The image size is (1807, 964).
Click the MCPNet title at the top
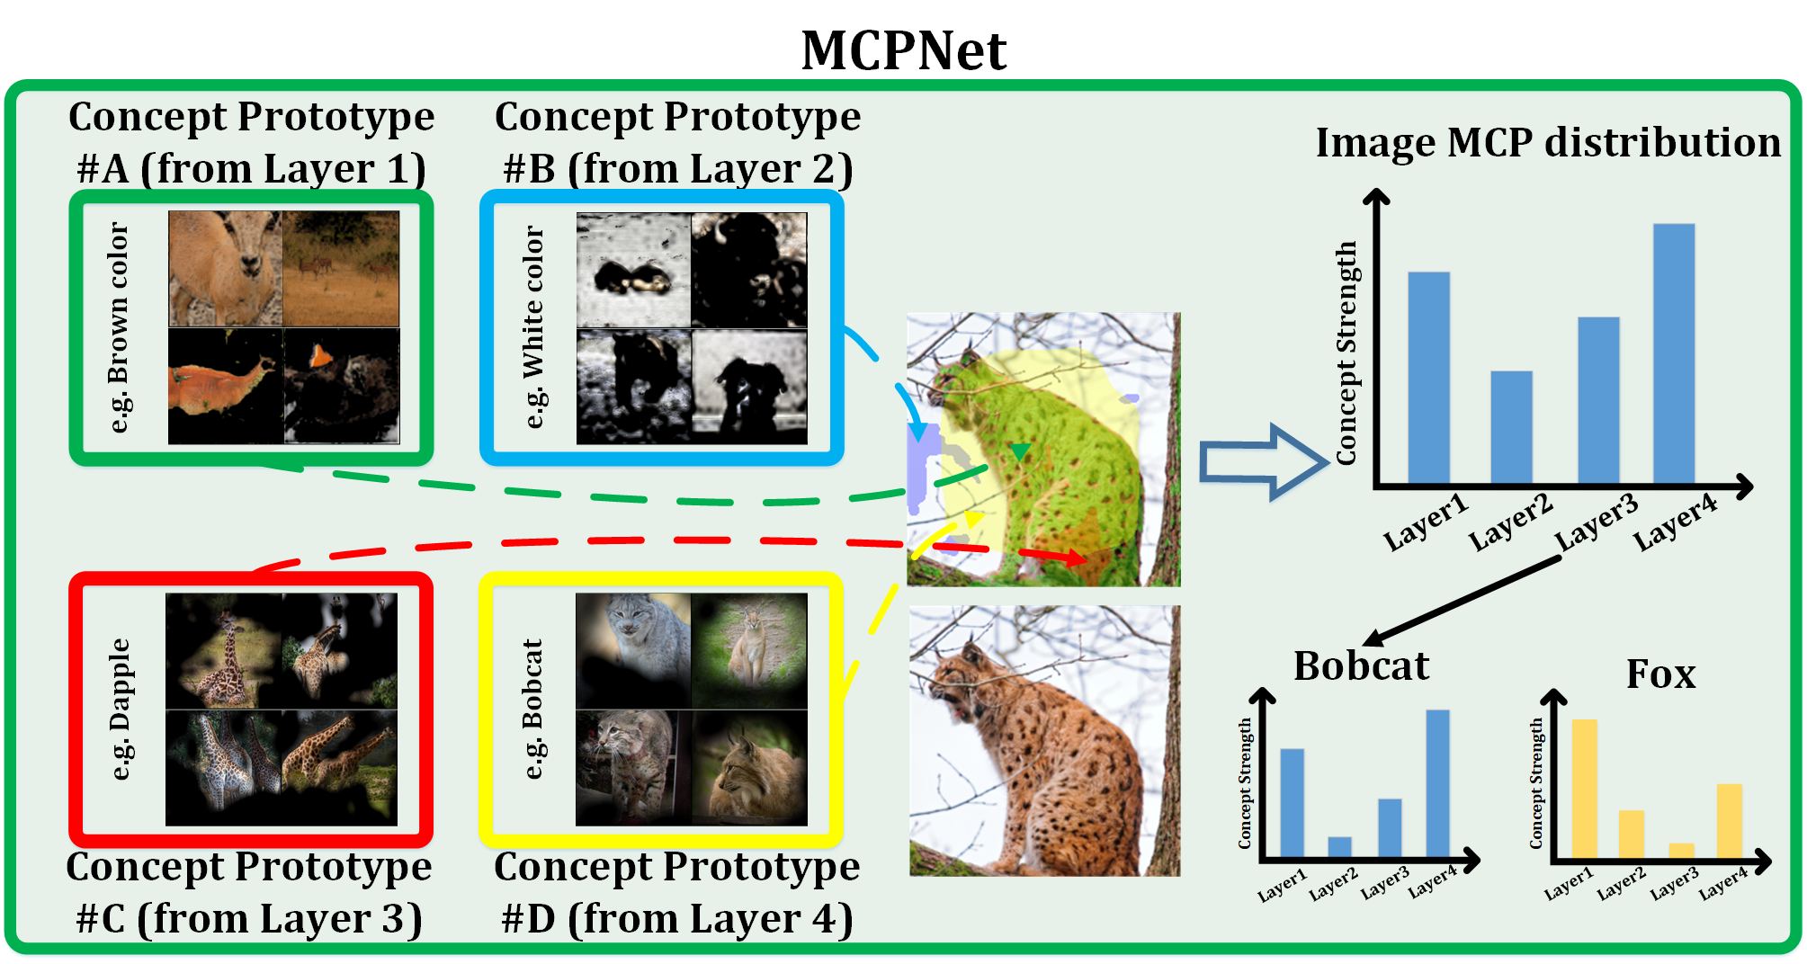[903, 50]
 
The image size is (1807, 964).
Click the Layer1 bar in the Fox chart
[1584, 788]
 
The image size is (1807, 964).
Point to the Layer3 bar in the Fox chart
[1681, 850]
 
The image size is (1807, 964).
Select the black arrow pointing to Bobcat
[1462, 601]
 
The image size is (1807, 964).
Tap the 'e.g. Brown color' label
[119, 327]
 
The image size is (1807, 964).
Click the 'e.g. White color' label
[533, 327]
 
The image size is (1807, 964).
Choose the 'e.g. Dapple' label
[119, 709]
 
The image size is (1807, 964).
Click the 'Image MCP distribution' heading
[1547, 142]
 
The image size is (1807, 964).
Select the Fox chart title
[1660, 674]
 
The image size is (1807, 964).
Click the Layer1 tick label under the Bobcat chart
[1281, 885]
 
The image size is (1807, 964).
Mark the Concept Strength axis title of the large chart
[1346, 353]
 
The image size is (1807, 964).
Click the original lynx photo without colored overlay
[1044, 740]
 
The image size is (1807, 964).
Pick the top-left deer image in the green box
[226, 268]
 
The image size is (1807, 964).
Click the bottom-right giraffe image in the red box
[339, 767]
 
